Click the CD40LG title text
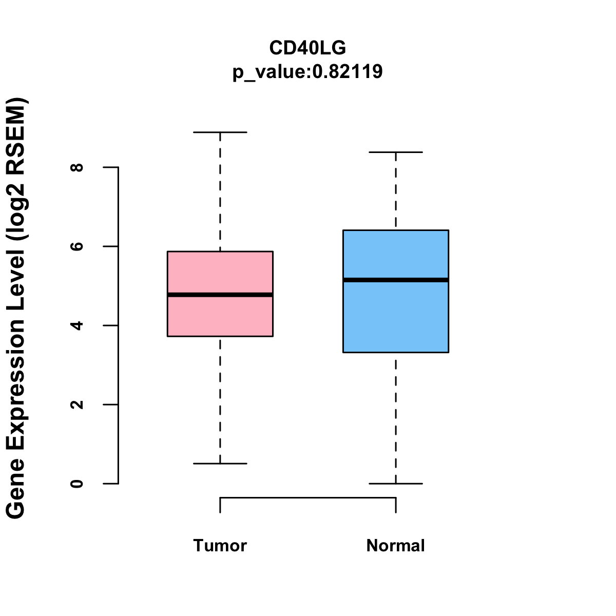coord(307,48)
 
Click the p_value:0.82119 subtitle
coord(307,72)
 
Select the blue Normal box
coord(396,318)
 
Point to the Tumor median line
coord(220,295)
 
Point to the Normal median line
coord(396,280)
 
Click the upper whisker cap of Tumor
coord(220,132)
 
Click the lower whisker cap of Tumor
coord(220,464)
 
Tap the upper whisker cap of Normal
coord(396,152)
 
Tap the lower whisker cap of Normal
coord(396,484)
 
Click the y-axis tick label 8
coord(78,167)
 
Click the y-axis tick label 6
coord(78,246)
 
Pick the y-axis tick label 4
coord(78,325)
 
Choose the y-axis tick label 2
coord(78,405)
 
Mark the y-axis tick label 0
coord(78,484)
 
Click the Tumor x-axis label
coord(220,546)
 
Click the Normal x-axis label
coord(396,546)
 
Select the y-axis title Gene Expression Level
coord(16,308)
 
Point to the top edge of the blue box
coord(396,230)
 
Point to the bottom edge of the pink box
coord(220,336)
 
